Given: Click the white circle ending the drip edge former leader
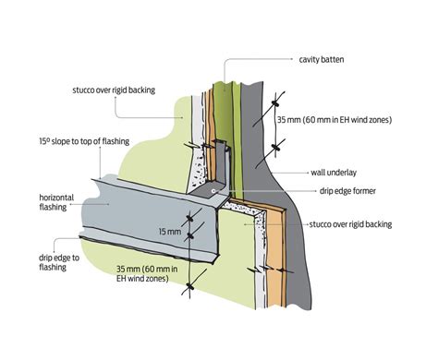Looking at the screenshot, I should point(213,192).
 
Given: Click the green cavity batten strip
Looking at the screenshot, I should point(225,111).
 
